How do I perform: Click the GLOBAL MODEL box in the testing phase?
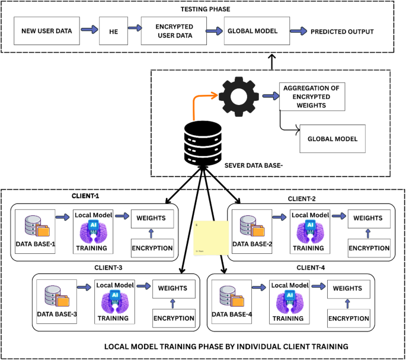252,30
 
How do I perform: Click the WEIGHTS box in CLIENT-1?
152,219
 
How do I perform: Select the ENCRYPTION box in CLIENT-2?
369,248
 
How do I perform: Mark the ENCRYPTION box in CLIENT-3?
174,318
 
